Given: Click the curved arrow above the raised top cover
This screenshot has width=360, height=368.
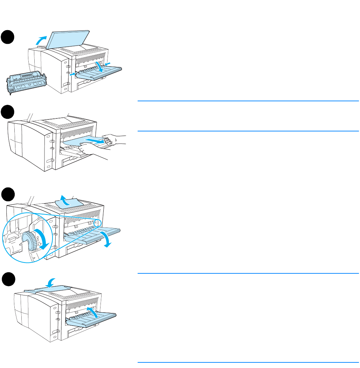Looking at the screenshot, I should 42,40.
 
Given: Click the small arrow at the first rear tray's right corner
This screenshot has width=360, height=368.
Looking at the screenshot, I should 109,63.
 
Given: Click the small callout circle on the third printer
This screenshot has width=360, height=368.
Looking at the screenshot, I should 98,223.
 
